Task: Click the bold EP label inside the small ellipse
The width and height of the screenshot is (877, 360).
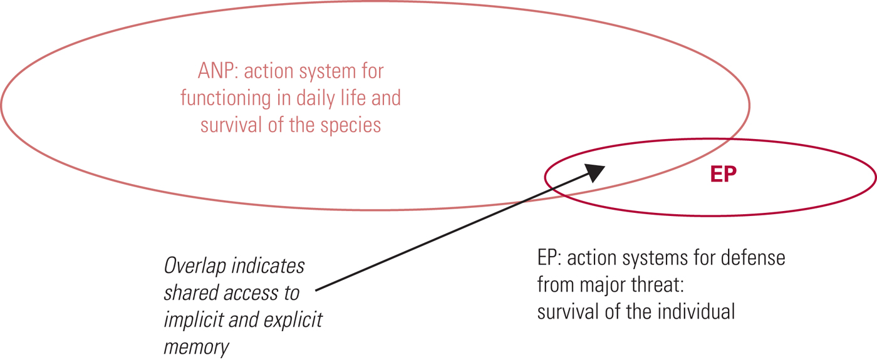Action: (x=724, y=175)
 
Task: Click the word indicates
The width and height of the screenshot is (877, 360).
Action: (x=269, y=266)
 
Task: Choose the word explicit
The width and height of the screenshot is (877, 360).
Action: (x=294, y=319)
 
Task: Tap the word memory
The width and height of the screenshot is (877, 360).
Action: (x=197, y=346)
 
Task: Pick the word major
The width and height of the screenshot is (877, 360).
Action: (x=601, y=285)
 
